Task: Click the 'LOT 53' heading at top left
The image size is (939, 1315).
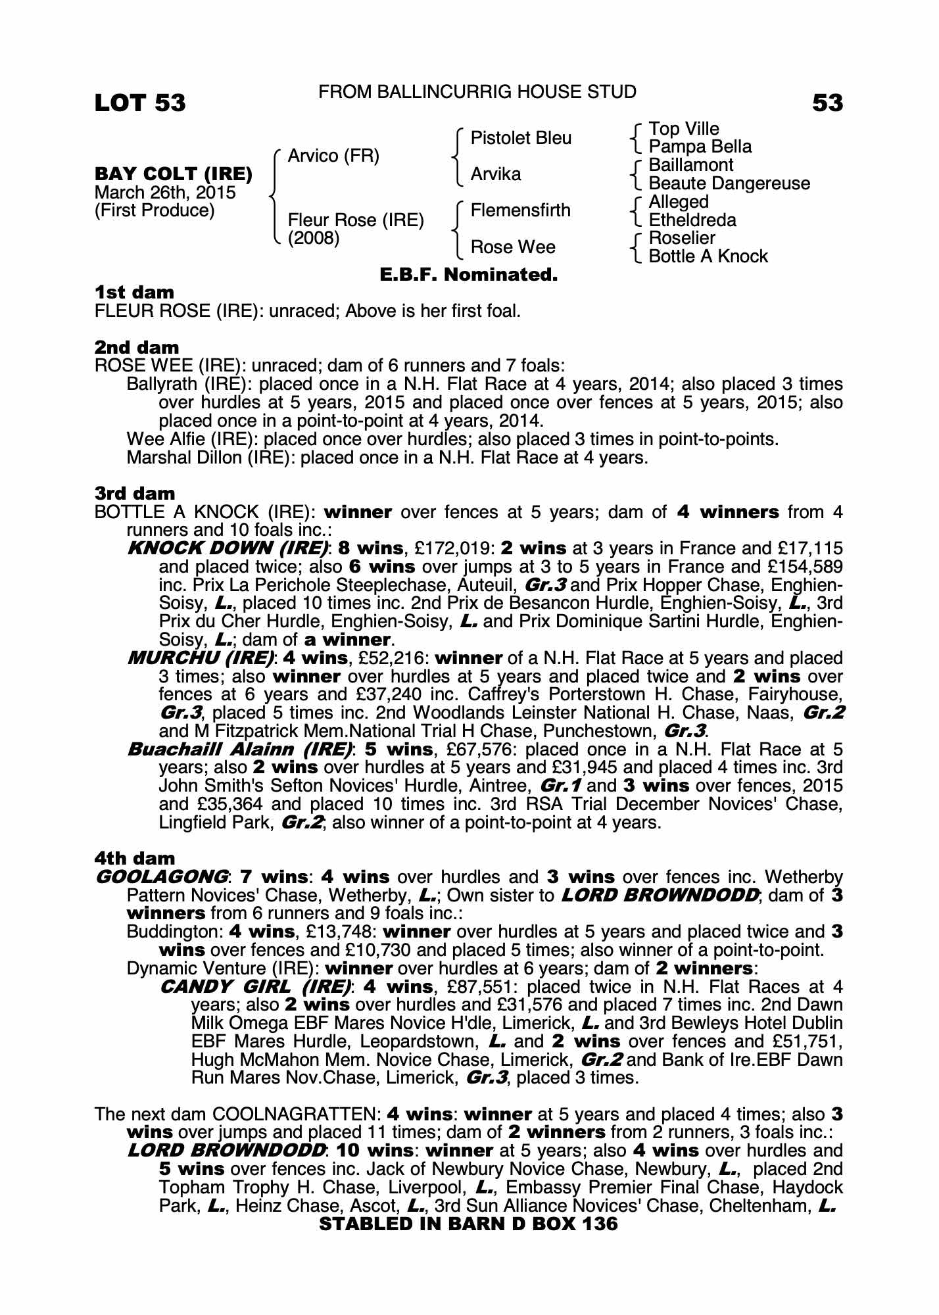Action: point(140,103)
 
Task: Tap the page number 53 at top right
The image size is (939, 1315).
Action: point(827,103)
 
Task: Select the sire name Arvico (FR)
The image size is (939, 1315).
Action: point(333,156)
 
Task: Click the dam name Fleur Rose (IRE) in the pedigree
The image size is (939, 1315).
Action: point(356,220)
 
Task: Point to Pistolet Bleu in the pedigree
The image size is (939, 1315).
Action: point(521,138)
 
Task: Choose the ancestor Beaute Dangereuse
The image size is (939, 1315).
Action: point(729,183)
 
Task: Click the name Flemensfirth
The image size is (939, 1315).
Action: point(521,210)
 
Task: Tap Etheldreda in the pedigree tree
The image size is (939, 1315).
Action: point(692,220)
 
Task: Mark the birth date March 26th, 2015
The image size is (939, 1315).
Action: point(165,193)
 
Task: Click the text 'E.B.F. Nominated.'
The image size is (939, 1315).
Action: point(469,275)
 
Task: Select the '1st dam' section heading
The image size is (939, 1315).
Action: point(135,292)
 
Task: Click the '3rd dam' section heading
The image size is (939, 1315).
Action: point(135,493)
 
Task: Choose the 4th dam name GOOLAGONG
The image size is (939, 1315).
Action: point(162,876)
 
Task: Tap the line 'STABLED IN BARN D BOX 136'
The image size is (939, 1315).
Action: point(468,1224)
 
